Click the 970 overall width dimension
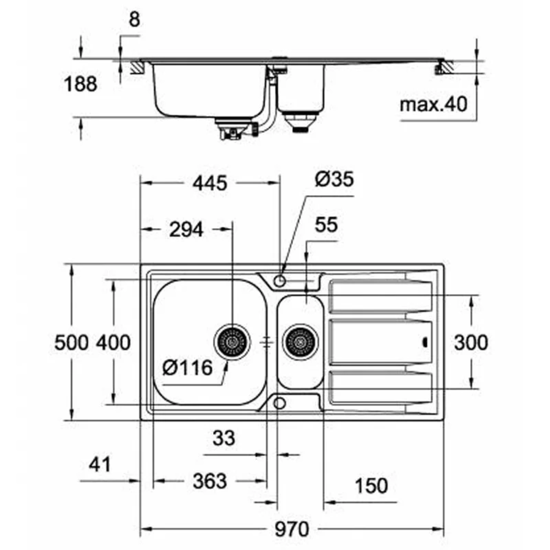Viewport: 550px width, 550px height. point(292,529)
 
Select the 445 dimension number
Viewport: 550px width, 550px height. point(210,183)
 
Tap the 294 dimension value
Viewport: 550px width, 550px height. point(186,230)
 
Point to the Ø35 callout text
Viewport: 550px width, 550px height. point(334,179)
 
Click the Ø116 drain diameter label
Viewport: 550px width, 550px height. point(188,368)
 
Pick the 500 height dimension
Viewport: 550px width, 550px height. point(71,342)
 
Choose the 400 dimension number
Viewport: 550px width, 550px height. point(113,342)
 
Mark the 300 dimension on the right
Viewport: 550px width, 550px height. point(471,342)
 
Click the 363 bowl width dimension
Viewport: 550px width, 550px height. point(210,481)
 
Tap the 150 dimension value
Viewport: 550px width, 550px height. point(371,486)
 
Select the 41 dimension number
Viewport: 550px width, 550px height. point(100,465)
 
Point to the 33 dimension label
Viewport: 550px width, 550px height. point(224,438)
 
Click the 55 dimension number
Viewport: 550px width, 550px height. point(326,225)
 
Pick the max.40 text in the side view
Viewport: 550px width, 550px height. point(434,104)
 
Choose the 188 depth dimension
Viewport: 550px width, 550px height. point(80,84)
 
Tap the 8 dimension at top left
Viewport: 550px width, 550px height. point(134,19)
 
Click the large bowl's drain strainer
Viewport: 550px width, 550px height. point(232,342)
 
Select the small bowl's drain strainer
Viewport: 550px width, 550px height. point(300,342)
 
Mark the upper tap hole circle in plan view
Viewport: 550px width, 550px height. point(280,281)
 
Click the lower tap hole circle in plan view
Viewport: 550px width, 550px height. point(280,404)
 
